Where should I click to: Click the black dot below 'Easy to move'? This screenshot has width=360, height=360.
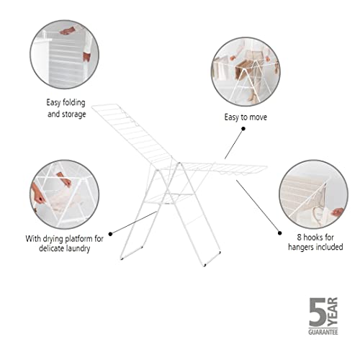coord(242,128)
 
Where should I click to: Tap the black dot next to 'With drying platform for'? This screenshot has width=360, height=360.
coord(112,233)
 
